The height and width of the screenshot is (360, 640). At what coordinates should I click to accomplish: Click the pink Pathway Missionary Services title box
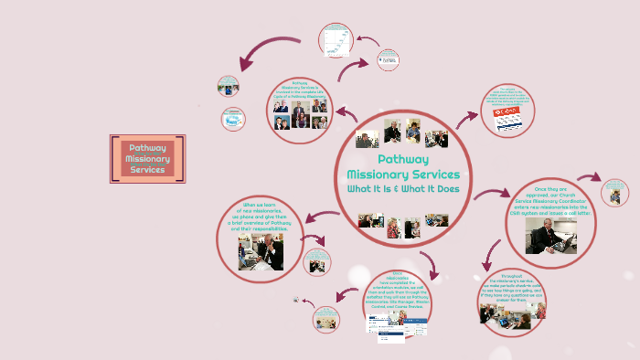[x=148, y=159]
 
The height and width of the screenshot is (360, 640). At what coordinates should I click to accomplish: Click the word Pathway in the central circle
[x=403, y=159]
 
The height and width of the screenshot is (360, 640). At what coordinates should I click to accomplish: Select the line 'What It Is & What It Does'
[x=403, y=189]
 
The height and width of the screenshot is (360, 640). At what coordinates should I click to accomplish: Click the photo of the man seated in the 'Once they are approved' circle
[x=550, y=235]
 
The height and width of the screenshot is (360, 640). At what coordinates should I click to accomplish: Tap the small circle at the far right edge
[x=615, y=192]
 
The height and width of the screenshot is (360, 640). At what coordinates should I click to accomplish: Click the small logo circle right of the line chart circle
[x=386, y=60]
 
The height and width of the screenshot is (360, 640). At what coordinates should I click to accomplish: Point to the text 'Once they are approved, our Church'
[x=550, y=196]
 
